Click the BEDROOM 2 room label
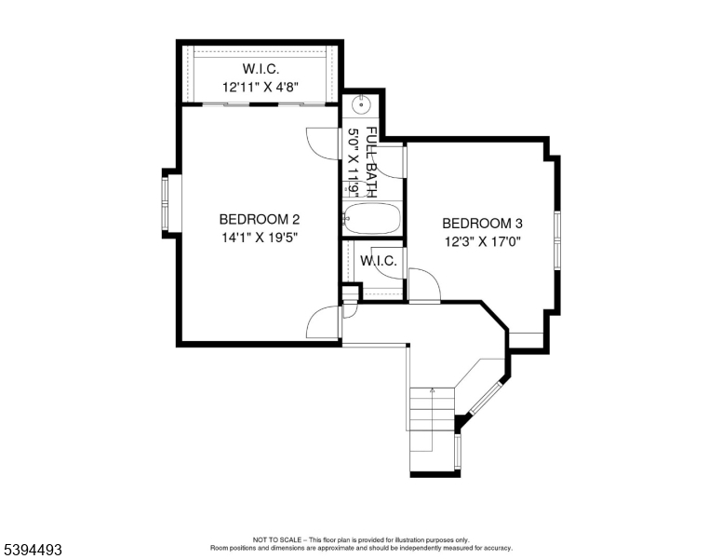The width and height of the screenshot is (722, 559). [x=259, y=220]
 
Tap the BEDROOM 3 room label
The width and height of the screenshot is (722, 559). [x=482, y=224]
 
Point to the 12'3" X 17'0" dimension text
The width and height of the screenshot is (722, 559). [x=482, y=241]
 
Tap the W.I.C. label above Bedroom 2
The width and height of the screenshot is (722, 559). [x=261, y=69]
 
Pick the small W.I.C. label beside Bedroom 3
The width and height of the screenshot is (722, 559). [x=379, y=261]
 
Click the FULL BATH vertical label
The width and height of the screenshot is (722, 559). [x=371, y=160]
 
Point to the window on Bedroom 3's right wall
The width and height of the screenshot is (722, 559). [x=557, y=240]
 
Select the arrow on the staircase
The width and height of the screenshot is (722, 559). [x=432, y=393]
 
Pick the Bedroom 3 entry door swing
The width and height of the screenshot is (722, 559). [x=423, y=284]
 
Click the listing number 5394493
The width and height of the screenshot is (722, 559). [x=33, y=550]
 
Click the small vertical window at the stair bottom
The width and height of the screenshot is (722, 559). [x=458, y=451]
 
